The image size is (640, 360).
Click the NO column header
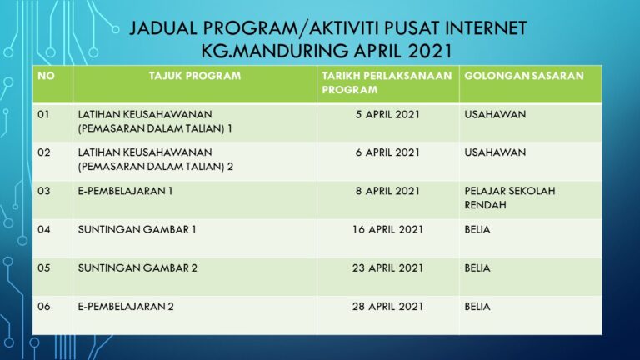(45, 76)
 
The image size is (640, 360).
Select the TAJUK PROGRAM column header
(194, 76)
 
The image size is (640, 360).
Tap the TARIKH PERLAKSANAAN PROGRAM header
(387, 82)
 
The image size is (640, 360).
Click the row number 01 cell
(44, 114)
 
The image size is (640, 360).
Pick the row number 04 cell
(44, 229)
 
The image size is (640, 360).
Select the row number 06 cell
(44, 306)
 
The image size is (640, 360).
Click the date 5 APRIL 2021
(387, 114)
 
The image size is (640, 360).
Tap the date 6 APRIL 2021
(387, 152)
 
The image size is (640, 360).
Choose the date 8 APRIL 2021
(387, 191)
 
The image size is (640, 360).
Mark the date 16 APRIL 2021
(387, 229)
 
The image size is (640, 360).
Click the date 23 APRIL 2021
(387, 267)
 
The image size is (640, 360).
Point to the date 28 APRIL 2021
(387, 306)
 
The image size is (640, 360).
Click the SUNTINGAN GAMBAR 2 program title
(137, 267)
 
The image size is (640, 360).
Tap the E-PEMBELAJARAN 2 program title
(126, 306)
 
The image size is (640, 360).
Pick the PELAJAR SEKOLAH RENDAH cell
(509, 197)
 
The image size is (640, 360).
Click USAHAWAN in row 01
(495, 114)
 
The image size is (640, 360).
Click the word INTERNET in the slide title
(474, 28)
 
